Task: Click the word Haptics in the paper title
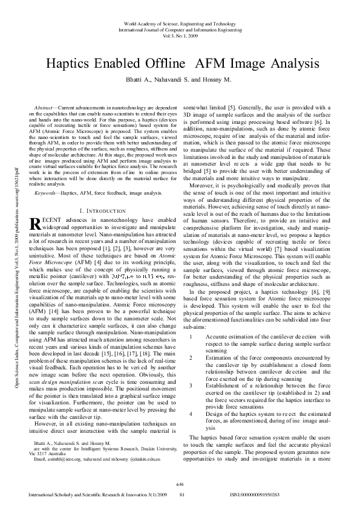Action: (x=72, y=63)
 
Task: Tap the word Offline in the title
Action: (x=163, y=63)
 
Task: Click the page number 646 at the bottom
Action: (x=180, y=485)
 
